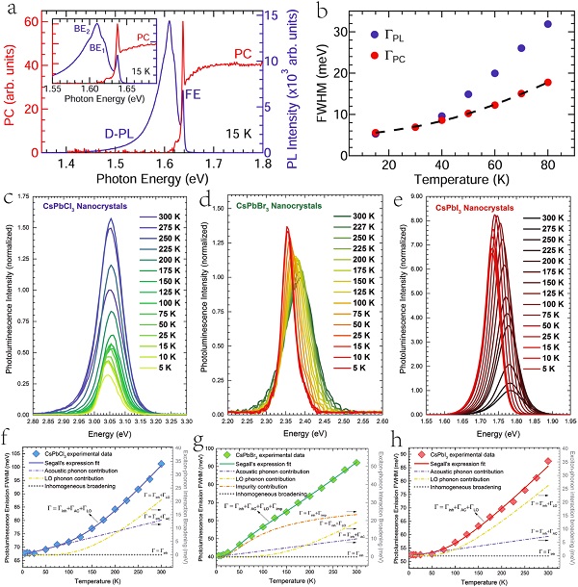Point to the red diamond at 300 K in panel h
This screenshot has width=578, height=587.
click(548, 461)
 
